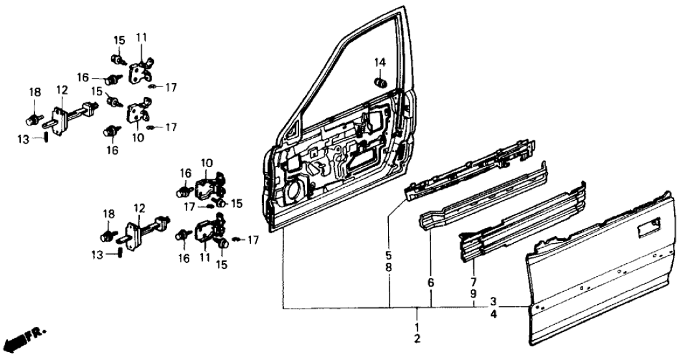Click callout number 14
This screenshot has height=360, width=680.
pos(380,62)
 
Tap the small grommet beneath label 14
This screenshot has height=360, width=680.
pos(379,83)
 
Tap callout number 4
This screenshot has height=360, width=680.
pos(494,313)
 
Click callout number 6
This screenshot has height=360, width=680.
pos(431,283)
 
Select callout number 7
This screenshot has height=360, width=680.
pos(474,283)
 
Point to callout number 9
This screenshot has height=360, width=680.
pos(474,294)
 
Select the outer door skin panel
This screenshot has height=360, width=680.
pos(598,273)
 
